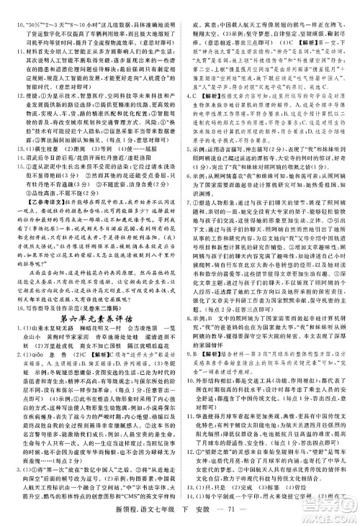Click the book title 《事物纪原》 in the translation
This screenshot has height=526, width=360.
tap(37, 207)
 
